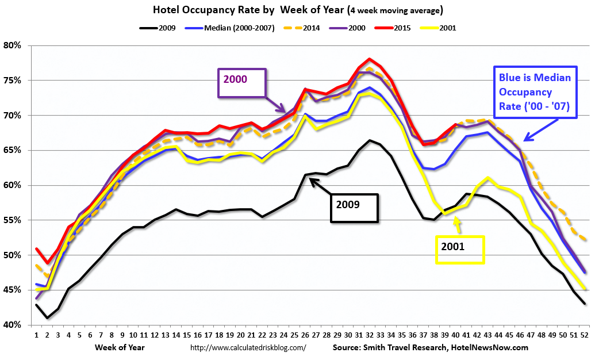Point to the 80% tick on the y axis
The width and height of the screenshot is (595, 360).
(13, 45)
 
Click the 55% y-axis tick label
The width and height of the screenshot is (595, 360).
(13, 220)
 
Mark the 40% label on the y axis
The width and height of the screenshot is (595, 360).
(13, 325)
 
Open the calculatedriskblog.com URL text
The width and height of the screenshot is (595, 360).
(248, 347)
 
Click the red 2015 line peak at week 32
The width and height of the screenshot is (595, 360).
(370, 59)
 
